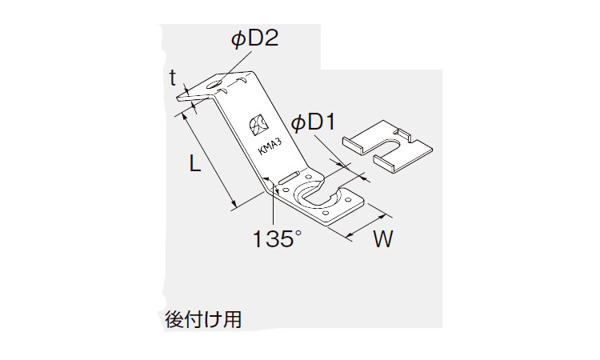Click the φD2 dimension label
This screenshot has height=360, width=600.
point(254,39)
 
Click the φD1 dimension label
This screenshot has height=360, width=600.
point(313,123)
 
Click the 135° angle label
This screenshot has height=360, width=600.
point(277,238)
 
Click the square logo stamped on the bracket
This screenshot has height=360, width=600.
point(258,125)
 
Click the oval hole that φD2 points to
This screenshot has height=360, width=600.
point(216,84)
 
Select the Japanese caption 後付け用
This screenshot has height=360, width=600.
point(203,319)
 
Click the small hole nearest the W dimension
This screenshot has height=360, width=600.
point(348,199)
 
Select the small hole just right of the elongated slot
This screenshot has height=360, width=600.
point(309,177)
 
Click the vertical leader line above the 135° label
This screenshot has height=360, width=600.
point(274,206)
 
